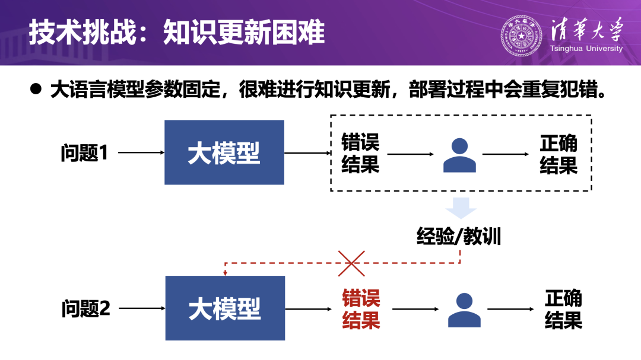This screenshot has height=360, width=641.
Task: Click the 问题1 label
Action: (84, 153)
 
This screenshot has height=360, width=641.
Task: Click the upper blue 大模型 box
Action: (224, 152)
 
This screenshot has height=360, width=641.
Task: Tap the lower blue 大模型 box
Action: (225, 308)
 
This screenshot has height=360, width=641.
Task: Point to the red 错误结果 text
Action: (361, 309)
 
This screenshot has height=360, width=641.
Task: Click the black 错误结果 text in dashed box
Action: (360, 153)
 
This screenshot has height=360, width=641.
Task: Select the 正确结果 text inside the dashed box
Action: (559, 154)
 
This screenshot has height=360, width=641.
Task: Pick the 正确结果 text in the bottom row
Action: (563, 309)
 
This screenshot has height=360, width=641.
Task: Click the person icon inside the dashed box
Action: (460, 155)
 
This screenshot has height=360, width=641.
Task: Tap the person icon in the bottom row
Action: (464, 310)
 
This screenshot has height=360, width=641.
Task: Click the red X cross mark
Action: (351, 263)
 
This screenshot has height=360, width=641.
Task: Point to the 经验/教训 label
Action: (459, 237)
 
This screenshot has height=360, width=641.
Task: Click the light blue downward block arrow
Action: (461, 208)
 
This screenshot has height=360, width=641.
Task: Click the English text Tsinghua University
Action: (586, 49)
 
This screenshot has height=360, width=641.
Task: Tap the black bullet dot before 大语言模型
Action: (37, 89)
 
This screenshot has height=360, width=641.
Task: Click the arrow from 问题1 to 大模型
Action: (141, 153)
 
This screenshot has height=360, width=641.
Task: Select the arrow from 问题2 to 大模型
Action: (142, 308)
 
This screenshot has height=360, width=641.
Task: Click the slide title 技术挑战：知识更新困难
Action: (177, 33)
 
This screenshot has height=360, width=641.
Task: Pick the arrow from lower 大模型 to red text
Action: (308, 309)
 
